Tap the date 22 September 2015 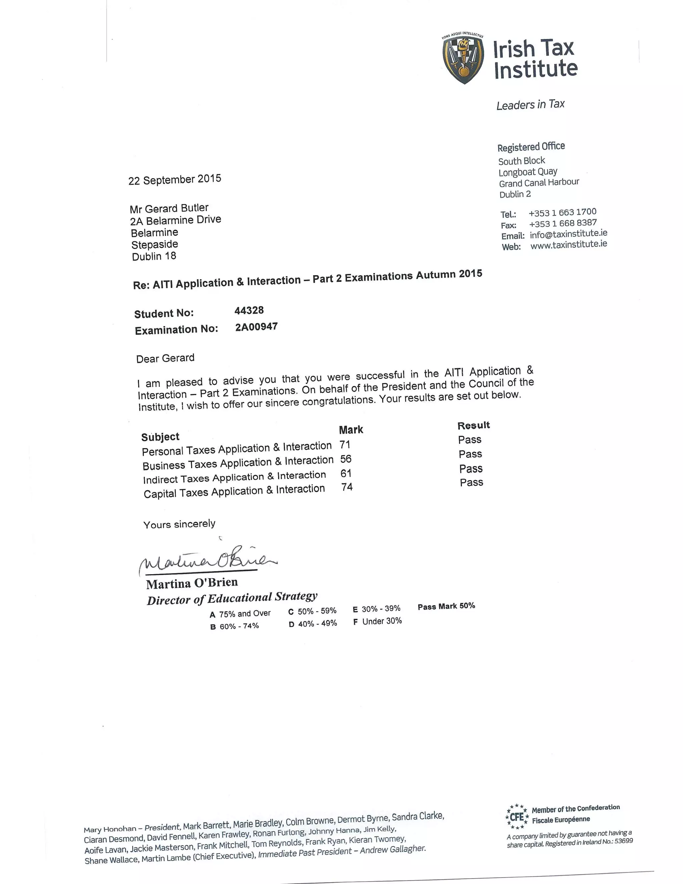pos(175,179)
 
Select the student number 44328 pos(249,311)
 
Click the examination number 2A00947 pos(256,327)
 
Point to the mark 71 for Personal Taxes pos(345,445)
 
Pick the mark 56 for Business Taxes pos(346,459)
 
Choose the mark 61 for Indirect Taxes pos(346,473)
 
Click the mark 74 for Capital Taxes pos(347,487)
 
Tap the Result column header pos(474,425)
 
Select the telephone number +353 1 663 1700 pos(562,212)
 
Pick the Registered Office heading pos(531,146)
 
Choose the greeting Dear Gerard pos(165,358)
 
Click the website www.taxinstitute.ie pos(569,245)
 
